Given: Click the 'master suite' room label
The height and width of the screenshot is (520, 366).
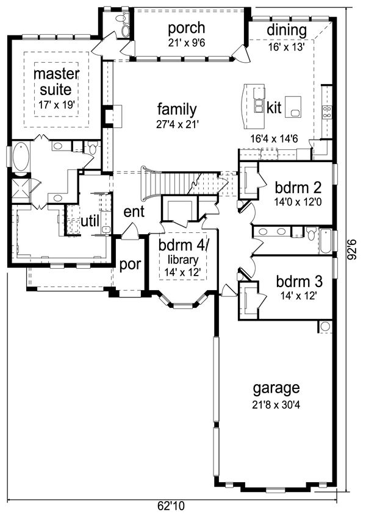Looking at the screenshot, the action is coord(56,82).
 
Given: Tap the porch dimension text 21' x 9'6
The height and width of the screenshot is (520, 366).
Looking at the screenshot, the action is coord(186,43).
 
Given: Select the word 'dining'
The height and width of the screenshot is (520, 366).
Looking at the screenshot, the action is coord(287,30).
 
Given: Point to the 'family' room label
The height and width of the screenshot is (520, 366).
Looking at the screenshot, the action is coord(177,110).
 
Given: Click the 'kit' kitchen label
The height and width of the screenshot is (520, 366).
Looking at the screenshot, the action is coord(274,107).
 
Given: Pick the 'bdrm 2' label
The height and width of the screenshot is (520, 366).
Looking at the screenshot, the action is coord(298,188).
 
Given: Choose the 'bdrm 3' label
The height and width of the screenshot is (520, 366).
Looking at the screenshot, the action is coord(299,282).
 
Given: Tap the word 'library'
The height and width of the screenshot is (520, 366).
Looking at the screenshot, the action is coord(183,260).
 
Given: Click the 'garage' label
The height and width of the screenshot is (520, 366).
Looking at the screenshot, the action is coord(276,388).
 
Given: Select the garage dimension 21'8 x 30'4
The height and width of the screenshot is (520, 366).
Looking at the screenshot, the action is coord(276,405).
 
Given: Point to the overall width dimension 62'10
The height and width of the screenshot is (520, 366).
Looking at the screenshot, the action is coord(171,506).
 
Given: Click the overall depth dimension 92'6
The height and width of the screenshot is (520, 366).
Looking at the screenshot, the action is coord(353,248).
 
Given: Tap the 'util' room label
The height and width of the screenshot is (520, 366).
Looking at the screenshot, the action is coord(90,221).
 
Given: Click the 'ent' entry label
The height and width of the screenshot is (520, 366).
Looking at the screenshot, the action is coord(134,212).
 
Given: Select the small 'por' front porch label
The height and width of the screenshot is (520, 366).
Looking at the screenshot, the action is coord(130,265).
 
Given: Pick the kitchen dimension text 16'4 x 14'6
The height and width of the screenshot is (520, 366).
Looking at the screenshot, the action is coord(274,139).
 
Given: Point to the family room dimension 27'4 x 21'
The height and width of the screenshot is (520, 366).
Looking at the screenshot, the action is coord(177,124).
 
